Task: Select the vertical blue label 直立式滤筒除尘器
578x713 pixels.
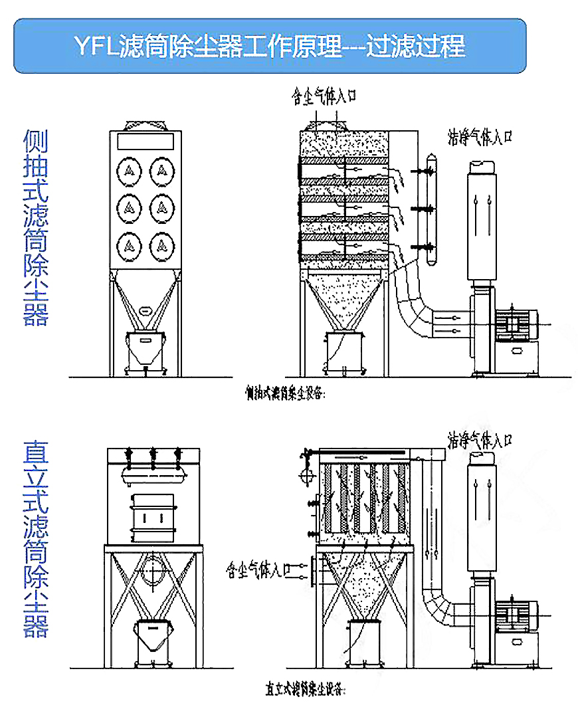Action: pos(37,539)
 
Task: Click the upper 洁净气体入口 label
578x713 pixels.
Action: pos(480,138)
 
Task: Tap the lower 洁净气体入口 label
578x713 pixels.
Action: pos(480,439)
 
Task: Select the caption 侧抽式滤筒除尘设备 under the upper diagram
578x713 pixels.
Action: pos(284,393)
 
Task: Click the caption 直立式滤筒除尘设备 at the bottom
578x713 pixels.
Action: pos(305,689)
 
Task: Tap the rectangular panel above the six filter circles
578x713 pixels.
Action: pos(145,141)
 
